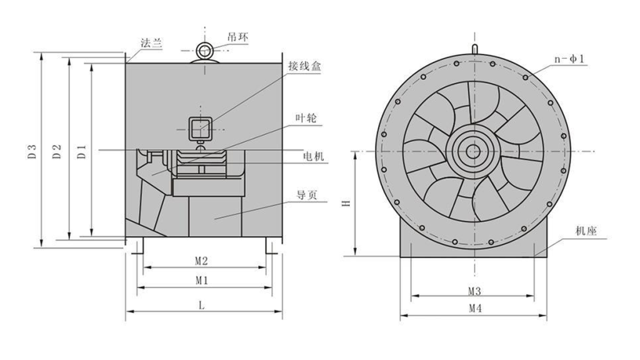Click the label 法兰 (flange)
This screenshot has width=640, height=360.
point(151,43)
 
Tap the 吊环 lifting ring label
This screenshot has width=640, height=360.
point(237,37)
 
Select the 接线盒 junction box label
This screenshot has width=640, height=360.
point(304,66)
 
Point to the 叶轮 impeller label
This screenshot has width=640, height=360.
point(306,118)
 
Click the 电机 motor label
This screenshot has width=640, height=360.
point(314,156)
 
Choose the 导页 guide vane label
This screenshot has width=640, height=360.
point(306,195)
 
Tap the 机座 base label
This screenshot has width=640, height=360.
point(586,231)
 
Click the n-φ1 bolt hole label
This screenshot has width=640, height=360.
point(569,59)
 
